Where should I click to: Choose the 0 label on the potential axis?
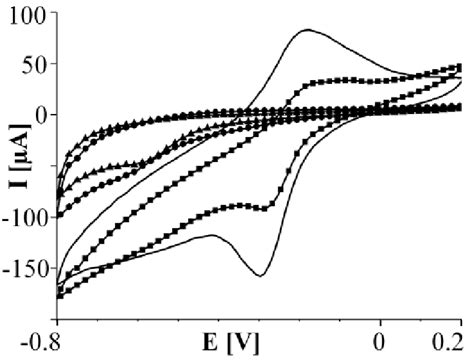(x=379, y=340)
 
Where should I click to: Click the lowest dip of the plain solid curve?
(x=260, y=275)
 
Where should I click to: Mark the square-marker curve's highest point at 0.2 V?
(x=459, y=67)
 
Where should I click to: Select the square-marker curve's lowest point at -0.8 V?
(x=58, y=296)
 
